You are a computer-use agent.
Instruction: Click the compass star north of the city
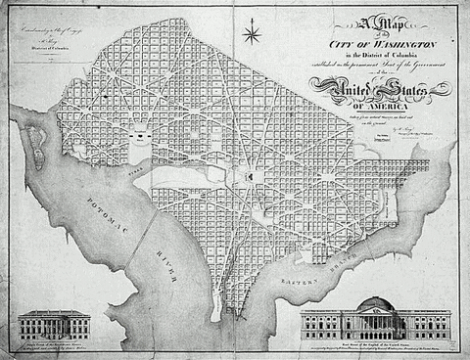pyautogui.click(x=252, y=36)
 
